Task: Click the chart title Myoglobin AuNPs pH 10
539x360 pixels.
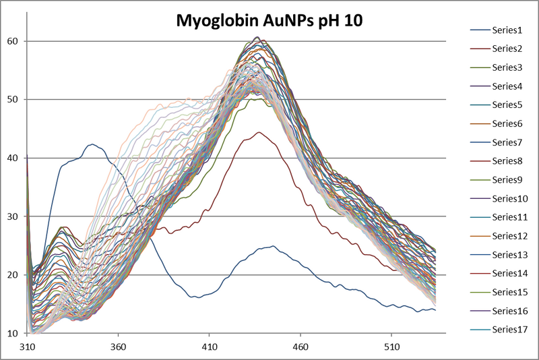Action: click(x=269, y=20)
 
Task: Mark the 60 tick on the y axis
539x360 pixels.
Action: click(x=13, y=41)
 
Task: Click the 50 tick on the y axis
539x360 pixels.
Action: click(x=13, y=100)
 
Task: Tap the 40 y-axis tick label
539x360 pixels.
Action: click(x=13, y=158)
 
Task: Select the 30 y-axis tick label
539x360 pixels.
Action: click(x=13, y=216)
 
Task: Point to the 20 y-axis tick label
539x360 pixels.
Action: click(x=13, y=275)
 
